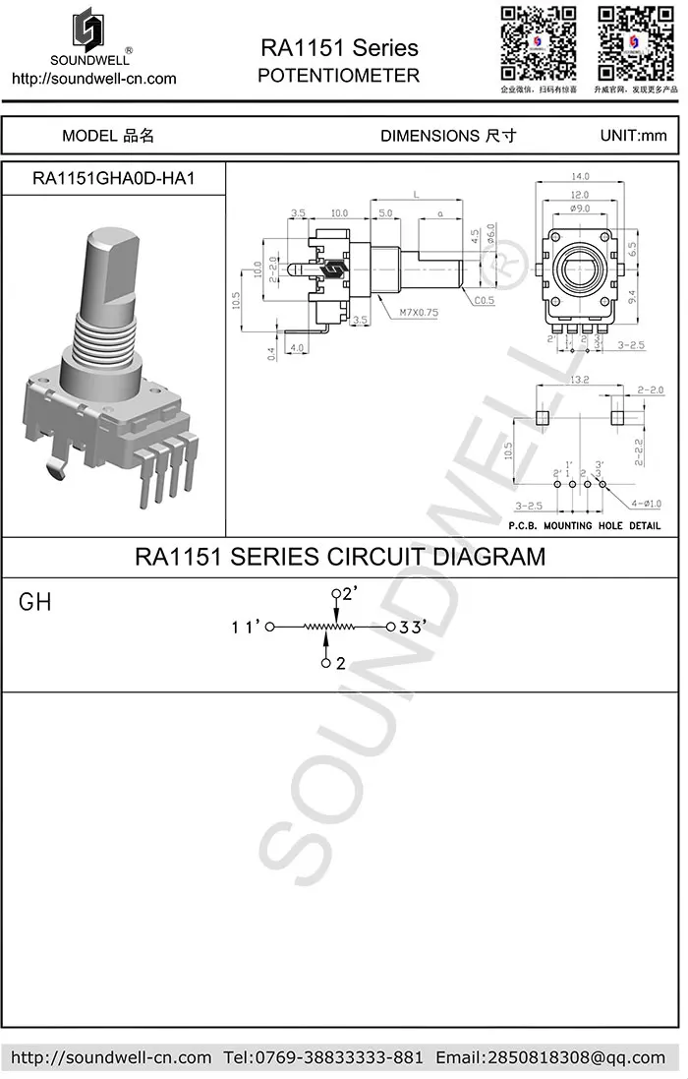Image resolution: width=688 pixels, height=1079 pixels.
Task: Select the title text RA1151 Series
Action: pos(339,48)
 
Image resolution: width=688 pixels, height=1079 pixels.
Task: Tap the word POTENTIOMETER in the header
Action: pos(339,76)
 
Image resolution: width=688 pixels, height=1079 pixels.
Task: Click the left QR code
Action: pos(537,43)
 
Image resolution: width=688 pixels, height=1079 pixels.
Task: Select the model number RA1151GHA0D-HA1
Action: pos(114,179)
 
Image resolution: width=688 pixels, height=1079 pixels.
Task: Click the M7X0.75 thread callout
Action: pos(420,313)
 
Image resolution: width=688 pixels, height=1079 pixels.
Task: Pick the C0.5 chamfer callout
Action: pos(485,301)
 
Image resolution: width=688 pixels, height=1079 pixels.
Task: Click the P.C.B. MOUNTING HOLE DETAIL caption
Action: pos(585,525)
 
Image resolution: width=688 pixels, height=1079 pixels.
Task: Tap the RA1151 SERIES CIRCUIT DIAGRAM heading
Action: pos(339,557)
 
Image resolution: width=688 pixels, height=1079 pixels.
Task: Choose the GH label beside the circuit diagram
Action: pos(35,603)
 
